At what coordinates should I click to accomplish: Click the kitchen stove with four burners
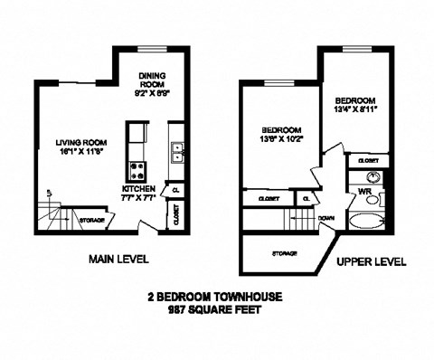coord(139,169)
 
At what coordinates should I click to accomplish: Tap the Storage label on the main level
coord(93,219)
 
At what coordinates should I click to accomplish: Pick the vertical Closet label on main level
coord(175,214)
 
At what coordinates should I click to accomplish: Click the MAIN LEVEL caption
coord(118,260)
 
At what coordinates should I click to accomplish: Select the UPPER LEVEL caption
coord(371,261)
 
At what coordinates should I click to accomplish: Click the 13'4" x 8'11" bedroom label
coord(355,104)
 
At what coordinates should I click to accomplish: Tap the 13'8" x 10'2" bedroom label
coord(279,135)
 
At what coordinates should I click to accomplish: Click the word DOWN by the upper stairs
coord(327,217)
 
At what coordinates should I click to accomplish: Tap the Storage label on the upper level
coord(286,254)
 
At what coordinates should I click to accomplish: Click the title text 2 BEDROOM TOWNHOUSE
coord(217,296)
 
